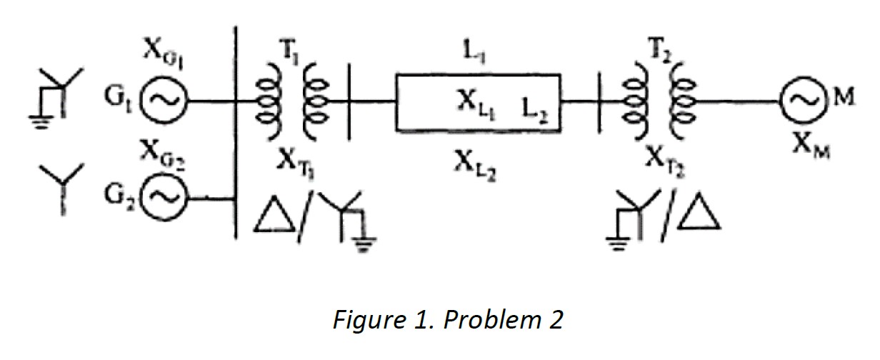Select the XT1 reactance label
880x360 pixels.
(294, 160)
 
